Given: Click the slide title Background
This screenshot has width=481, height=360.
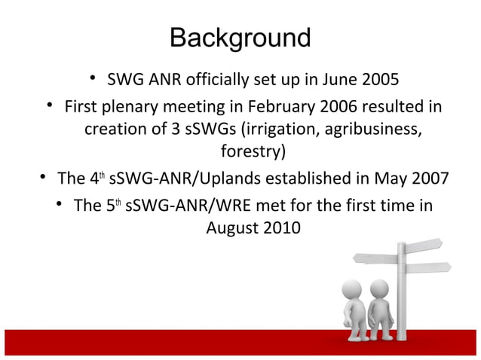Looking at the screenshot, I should click(240, 37).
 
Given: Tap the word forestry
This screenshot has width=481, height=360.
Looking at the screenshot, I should click(252, 152).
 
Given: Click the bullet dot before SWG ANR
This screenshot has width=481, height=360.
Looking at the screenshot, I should click(91, 78).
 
